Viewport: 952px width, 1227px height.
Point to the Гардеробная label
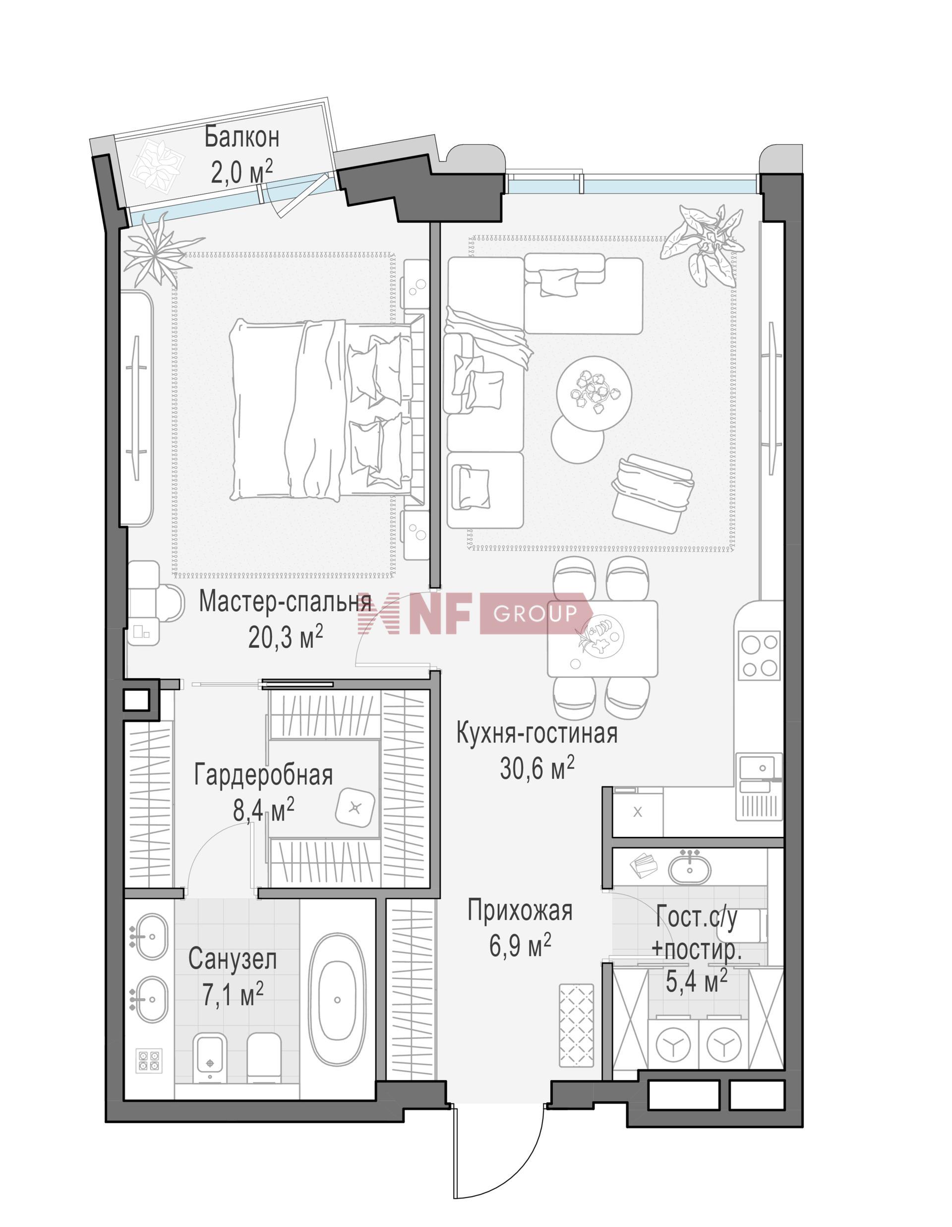(264, 775)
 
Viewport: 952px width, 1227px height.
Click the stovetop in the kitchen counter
(760, 655)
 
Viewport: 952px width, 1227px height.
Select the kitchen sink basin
(757, 767)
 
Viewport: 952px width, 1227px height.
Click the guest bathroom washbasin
(689, 866)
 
